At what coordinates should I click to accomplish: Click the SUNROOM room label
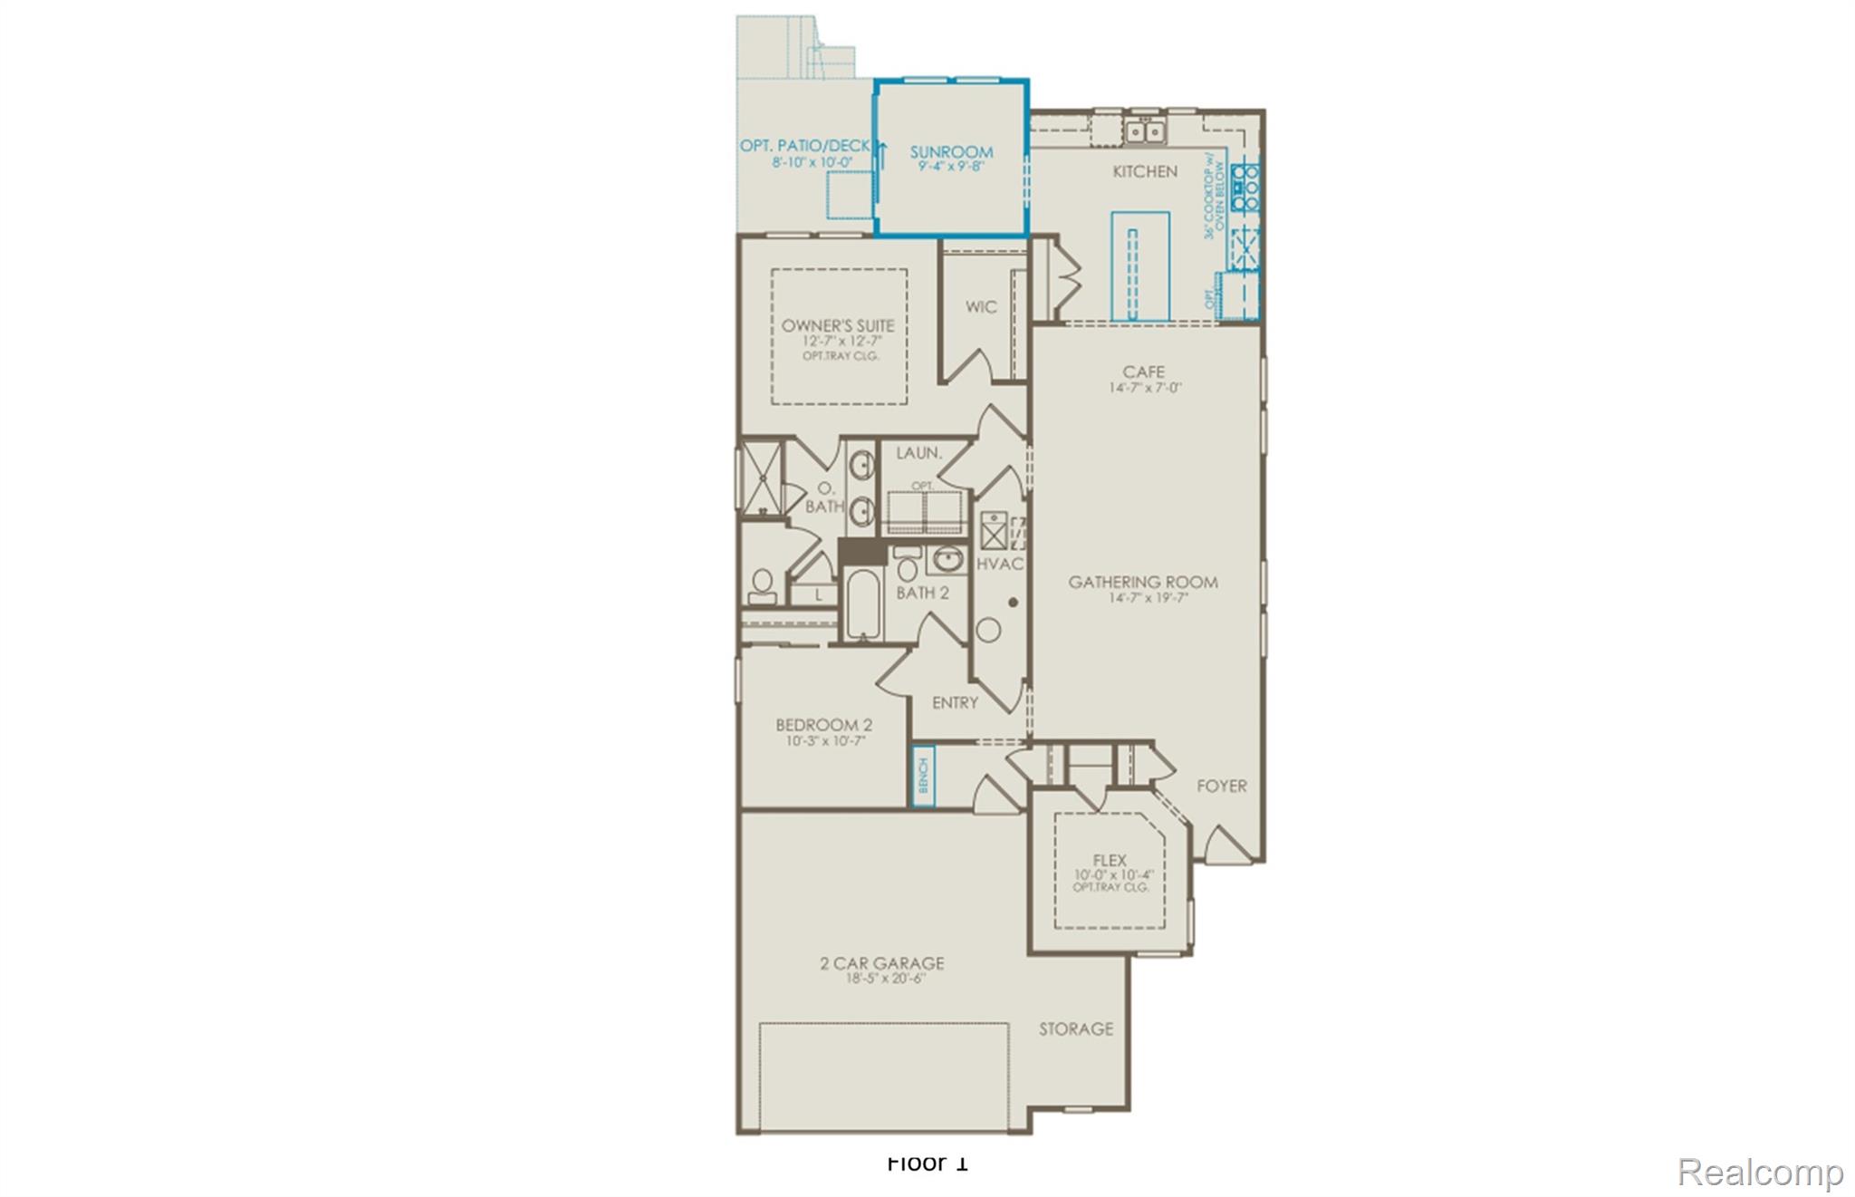click(x=951, y=152)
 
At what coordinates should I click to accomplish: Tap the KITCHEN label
click(x=1145, y=171)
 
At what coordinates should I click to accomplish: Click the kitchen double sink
click(x=1145, y=132)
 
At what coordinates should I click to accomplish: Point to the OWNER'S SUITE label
click(x=838, y=325)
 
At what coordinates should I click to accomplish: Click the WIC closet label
click(x=981, y=307)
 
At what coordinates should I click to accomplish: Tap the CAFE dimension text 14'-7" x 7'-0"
click(x=1145, y=388)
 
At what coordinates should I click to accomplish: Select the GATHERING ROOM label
click(x=1143, y=582)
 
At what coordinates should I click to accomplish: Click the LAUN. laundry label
click(x=918, y=452)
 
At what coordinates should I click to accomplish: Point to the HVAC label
click(x=1000, y=564)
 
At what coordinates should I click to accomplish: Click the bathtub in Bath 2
click(x=864, y=604)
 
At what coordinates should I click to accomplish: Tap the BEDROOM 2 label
click(x=823, y=725)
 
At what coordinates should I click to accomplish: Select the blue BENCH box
click(x=923, y=777)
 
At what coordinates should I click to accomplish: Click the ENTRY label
click(x=955, y=702)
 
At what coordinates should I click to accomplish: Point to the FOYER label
click(x=1221, y=786)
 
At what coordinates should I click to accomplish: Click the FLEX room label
click(x=1110, y=860)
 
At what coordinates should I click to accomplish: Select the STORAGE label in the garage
click(x=1076, y=1028)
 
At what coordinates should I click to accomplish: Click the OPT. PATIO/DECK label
click(x=804, y=146)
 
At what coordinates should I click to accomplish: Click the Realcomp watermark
click(x=1760, y=1172)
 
